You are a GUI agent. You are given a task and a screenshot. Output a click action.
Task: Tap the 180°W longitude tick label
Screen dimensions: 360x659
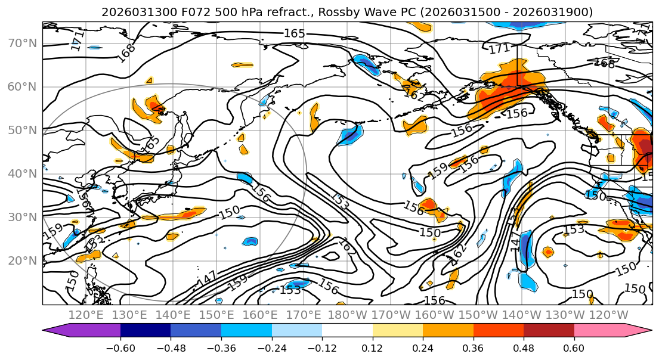347,315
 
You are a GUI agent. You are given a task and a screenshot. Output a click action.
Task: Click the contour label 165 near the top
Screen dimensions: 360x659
294,33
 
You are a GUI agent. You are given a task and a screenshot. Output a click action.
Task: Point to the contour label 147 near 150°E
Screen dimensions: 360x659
206,278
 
